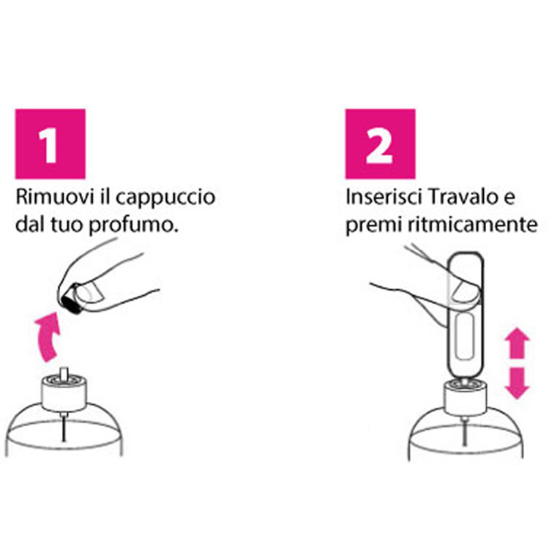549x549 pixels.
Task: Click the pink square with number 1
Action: [x=50, y=144]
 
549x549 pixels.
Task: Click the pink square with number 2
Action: [x=380, y=144]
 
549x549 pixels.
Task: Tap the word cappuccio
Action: [x=165, y=198]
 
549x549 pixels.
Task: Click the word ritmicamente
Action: [x=473, y=224]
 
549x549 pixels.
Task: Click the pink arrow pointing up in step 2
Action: [x=517, y=343]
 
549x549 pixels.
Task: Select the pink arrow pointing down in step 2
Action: [x=517, y=383]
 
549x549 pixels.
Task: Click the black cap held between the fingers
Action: [x=72, y=299]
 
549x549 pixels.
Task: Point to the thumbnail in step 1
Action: [x=90, y=293]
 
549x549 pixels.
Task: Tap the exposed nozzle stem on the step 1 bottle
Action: [x=64, y=373]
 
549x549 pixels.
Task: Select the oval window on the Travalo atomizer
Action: [x=465, y=336]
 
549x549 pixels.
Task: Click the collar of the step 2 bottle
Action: [x=466, y=398]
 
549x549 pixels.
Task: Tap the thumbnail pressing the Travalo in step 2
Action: [x=464, y=291]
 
